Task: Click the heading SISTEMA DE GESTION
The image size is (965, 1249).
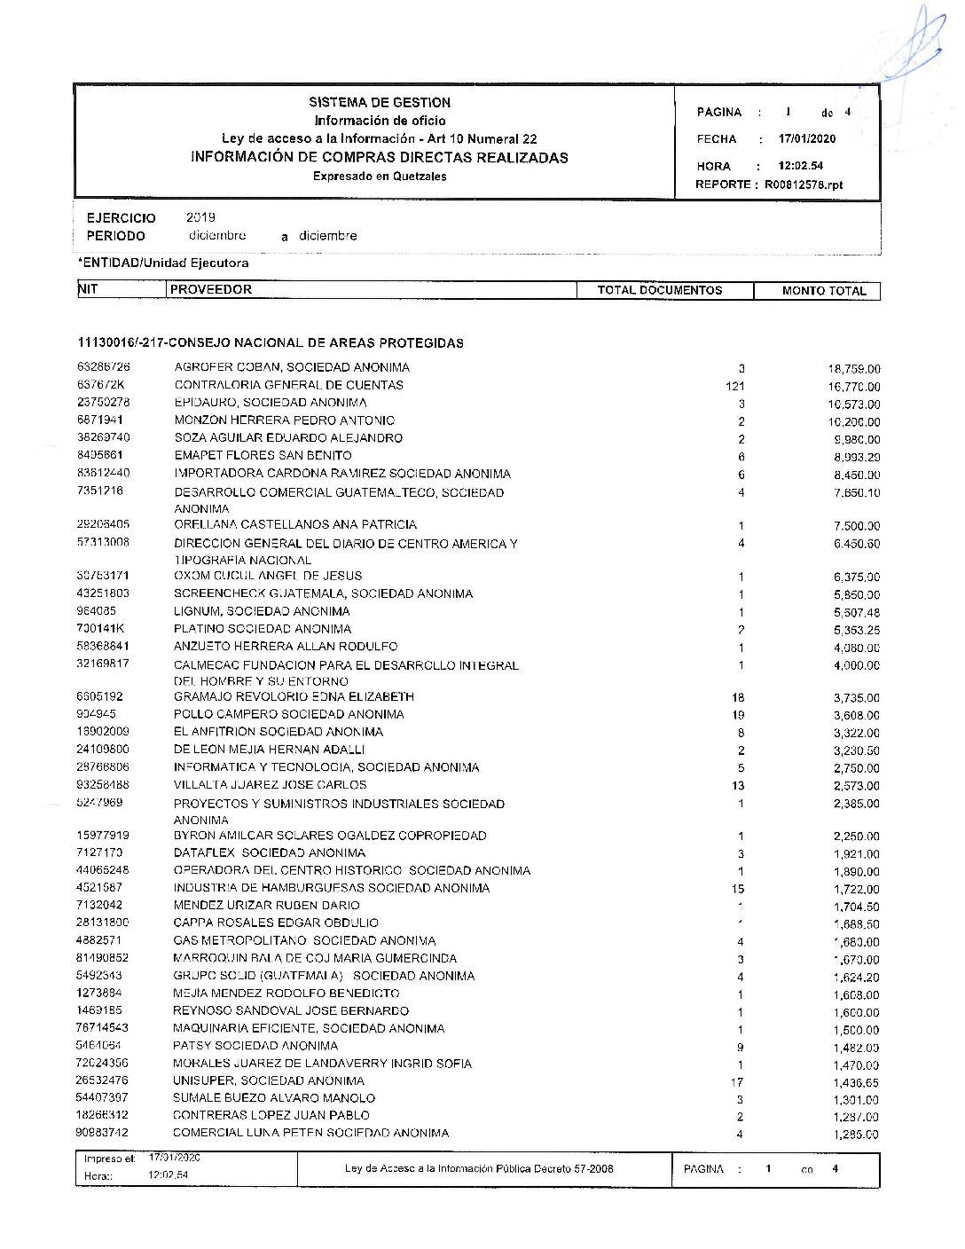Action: (380, 102)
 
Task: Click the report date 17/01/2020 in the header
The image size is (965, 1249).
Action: (807, 139)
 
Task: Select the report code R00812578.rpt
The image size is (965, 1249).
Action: (804, 185)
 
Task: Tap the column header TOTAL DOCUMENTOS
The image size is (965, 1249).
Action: (660, 290)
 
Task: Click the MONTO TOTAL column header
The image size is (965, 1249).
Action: (824, 291)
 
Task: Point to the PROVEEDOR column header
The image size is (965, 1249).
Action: (211, 289)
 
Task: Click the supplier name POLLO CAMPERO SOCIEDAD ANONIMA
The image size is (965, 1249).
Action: (288, 714)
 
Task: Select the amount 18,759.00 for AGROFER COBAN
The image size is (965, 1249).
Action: (854, 369)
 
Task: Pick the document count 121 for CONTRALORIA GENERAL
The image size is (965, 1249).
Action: (734, 386)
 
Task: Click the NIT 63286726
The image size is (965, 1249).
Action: (104, 366)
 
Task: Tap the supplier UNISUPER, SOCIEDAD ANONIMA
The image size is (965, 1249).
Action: (269, 1080)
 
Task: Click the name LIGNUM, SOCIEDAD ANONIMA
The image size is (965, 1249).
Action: (262, 611)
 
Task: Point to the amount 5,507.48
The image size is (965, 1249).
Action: (856, 613)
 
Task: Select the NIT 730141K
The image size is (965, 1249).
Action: (101, 628)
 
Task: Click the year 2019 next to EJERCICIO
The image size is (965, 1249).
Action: (200, 217)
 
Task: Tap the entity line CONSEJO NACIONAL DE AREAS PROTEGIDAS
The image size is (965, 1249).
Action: (271, 342)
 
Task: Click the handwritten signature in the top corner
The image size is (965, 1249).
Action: (916, 44)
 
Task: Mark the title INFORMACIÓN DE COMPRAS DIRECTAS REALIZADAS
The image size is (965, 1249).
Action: (380, 158)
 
